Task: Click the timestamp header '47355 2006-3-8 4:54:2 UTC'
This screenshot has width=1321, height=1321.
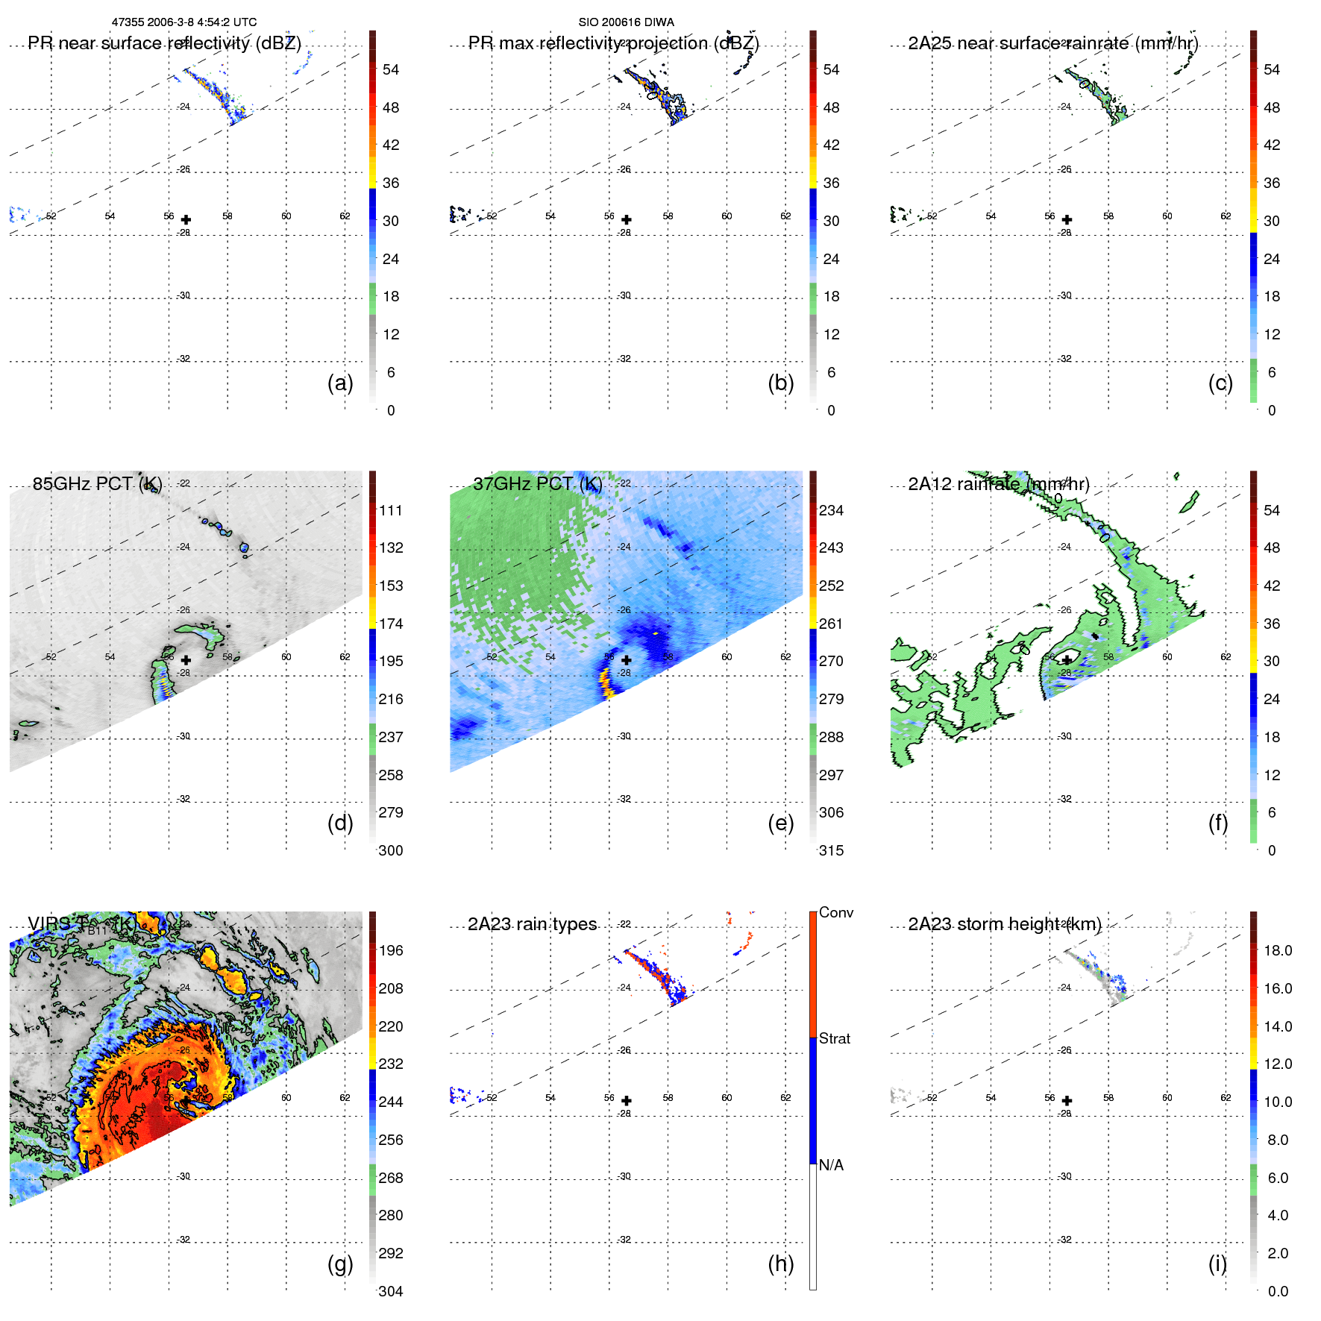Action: point(184,22)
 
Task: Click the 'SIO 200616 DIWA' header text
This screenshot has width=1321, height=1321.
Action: point(626,22)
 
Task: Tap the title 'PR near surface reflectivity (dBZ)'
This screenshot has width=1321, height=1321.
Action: point(164,43)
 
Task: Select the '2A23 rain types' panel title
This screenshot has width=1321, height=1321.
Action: point(532,924)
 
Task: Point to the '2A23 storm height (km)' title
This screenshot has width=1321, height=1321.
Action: point(1004,924)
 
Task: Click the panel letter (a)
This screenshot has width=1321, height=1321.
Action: point(339,383)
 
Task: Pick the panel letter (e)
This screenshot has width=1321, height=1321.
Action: point(780,823)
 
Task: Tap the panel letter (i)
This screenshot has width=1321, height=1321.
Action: point(1217,1264)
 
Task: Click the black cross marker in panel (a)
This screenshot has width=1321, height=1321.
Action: point(186,219)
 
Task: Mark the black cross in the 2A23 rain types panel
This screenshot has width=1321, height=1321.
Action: point(627,1100)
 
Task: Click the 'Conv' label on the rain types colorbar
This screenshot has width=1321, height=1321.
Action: point(835,912)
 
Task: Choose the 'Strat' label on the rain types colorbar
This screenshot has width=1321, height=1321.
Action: point(834,1038)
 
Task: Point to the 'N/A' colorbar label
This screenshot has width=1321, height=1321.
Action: point(831,1165)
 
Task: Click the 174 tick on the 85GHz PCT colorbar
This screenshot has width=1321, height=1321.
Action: point(390,624)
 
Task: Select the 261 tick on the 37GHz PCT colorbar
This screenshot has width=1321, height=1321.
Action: point(831,624)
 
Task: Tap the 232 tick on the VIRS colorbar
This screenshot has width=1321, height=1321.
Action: point(390,1064)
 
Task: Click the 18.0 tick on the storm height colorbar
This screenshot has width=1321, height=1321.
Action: point(1277,950)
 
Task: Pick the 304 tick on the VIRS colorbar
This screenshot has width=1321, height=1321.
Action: point(390,1291)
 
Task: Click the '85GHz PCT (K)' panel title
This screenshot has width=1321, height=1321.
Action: point(97,484)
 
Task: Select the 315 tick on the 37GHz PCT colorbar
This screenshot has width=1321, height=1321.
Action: point(831,850)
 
